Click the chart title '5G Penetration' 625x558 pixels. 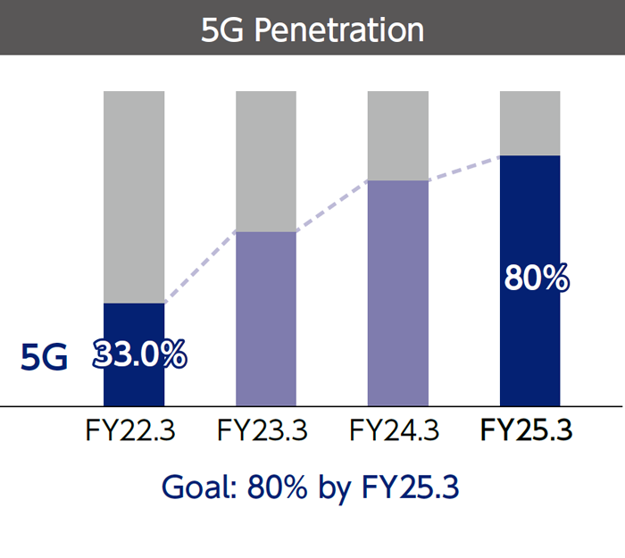point(312,29)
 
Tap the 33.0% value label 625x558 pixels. point(141,355)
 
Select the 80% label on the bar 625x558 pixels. point(537,279)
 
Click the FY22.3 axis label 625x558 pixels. point(130,432)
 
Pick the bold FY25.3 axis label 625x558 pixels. point(527,432)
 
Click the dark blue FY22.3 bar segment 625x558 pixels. point(134,384)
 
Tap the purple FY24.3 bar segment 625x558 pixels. point(398,295)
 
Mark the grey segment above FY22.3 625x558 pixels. point(134,196)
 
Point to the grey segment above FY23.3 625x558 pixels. point(266,161)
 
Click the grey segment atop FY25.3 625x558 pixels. point(529,123)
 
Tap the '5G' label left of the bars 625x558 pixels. point(44,358)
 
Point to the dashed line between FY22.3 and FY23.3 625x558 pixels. point(201,266)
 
